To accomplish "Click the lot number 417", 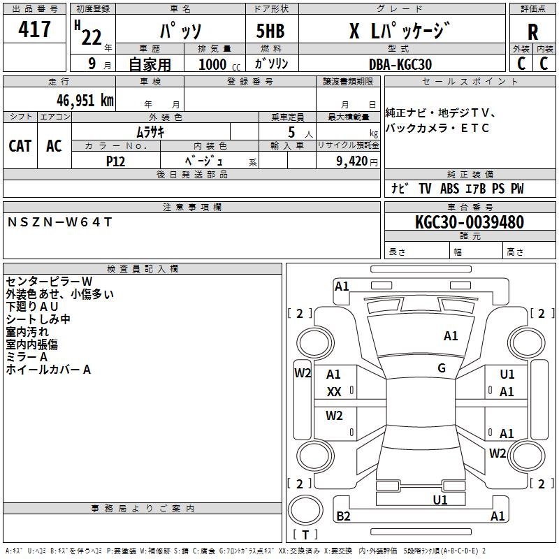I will point(34,29).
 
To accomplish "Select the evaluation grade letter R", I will point(532,32).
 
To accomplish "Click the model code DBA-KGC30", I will point(400,64).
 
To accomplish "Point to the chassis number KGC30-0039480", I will point(469,222).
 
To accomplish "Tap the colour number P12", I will point(115,161).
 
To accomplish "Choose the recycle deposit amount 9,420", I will point(352,161).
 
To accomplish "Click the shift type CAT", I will point(20,145).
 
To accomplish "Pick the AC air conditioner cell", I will point(54,145).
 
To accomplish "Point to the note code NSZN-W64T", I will point(59,222).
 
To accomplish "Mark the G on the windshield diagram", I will point(442,368).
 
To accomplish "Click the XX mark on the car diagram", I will point(334,393).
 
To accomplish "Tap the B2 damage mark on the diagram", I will point(344,516).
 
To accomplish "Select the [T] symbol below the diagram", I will point(305,535).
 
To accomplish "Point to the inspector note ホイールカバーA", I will point(48,370).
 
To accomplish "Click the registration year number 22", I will point(92,36).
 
